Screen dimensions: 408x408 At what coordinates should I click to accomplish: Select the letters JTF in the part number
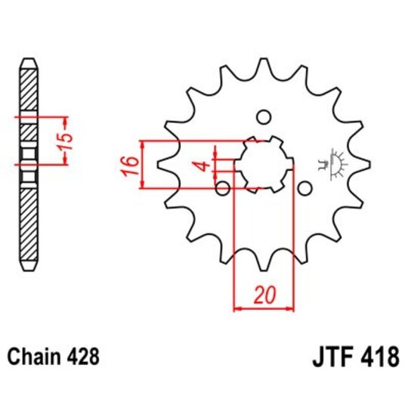point(331,357)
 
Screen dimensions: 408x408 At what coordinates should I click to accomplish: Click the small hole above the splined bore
point(264,117)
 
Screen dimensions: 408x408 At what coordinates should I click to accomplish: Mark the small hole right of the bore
point(304,187)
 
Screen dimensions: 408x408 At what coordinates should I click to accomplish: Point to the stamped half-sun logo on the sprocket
point(330,161)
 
